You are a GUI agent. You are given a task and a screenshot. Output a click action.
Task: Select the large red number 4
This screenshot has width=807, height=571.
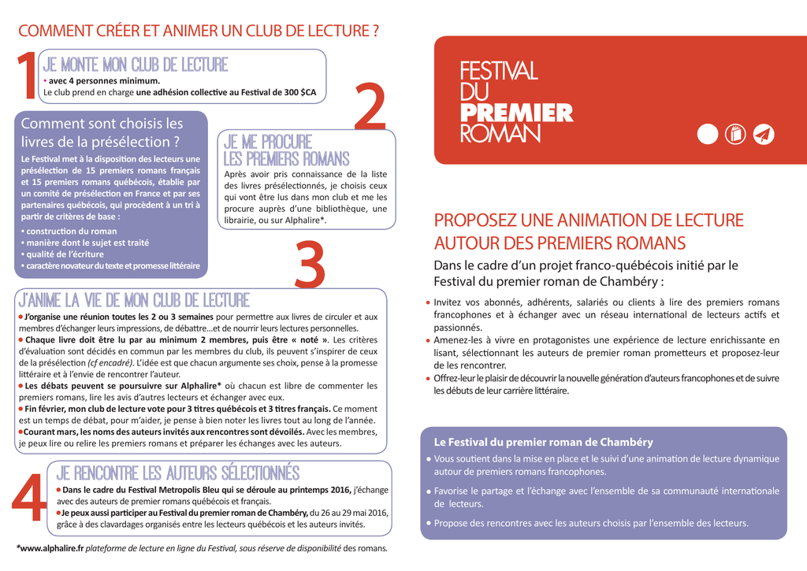(x=29, y=498)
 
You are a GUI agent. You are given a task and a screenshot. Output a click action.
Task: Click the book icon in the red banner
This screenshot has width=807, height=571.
(x=734, y=135)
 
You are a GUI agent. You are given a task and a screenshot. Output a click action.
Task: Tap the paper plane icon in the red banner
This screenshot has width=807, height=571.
(x=764, y=135)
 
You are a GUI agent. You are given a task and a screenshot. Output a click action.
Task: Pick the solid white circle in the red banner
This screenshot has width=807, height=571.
(x=708, y=135)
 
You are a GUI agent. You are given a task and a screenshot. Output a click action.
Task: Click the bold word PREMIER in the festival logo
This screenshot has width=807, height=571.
(x=516, y=113)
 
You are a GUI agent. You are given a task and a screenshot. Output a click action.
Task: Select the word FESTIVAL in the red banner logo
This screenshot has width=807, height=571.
(x=498, y=71)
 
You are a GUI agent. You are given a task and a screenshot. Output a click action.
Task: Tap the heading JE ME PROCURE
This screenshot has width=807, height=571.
(x=268, y=143)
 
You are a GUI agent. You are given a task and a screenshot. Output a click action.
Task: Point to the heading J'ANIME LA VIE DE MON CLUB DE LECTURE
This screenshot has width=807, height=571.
(x=134, y=300)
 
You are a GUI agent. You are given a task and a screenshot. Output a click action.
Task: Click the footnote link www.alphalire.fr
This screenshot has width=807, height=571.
(x=52, y=548)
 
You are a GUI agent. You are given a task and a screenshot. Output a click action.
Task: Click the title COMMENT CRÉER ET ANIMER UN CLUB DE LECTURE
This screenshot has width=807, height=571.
(x=198, y=32)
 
